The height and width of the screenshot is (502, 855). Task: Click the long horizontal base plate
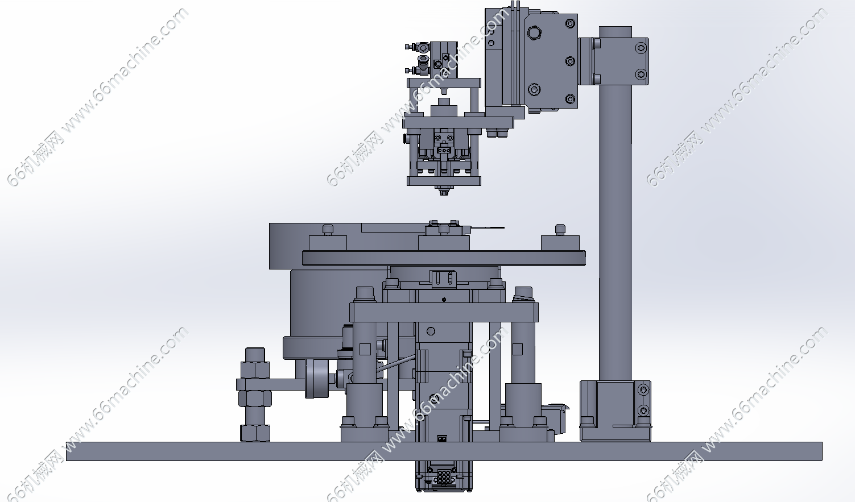444,451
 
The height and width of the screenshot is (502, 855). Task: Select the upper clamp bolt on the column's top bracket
641,48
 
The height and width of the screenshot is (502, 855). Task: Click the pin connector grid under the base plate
443,477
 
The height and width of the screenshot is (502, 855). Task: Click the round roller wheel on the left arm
317,379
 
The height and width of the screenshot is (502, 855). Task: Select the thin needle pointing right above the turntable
488,228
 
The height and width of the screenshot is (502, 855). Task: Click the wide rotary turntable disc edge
444,258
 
